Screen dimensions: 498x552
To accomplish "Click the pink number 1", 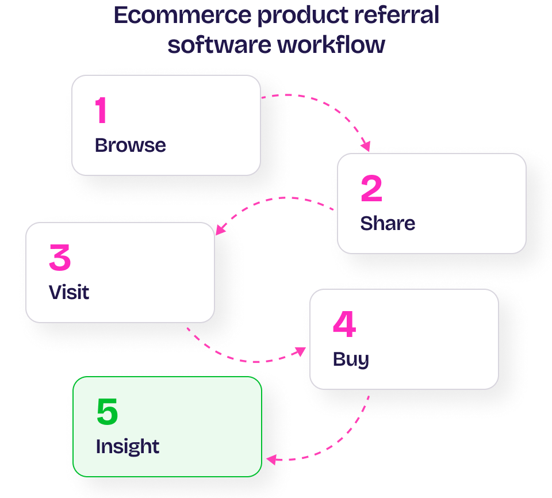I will (x=101, y=110).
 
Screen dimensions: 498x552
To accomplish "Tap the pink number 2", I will (x=371, y=189).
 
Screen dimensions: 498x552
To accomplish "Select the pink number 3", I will (x=60, y=258).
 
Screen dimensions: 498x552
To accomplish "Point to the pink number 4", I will (x=344, y=325).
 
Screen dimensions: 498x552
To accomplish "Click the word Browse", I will (x=130, y=145).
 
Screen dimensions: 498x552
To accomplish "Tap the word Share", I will (x=388, y=223).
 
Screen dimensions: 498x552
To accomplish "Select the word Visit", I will (x=69, y=292).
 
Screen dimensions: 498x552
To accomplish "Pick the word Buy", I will (x=351, y=359).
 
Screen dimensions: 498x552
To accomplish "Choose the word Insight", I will (x=128, y=447).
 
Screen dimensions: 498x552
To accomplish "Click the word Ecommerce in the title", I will (x=182, y=16).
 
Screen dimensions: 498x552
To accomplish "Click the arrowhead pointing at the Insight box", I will (x=271, y=459).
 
